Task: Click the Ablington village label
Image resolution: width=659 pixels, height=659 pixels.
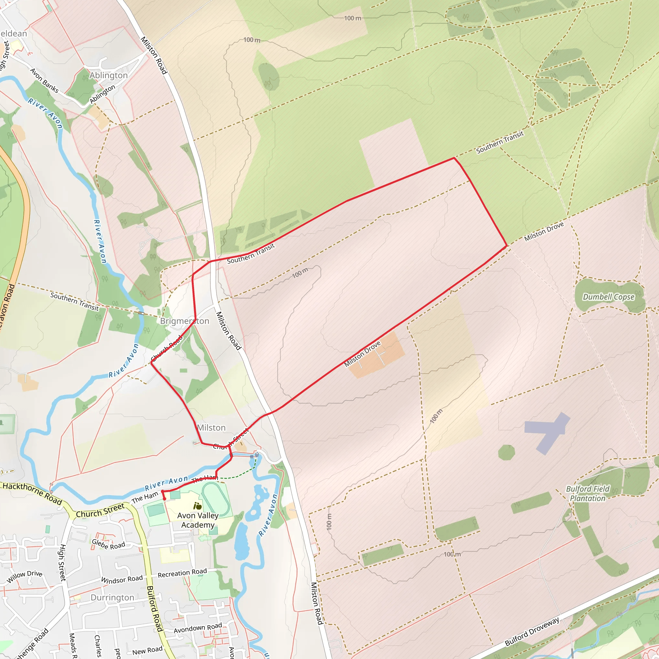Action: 108,75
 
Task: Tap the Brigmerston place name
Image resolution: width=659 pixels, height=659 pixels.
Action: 184,321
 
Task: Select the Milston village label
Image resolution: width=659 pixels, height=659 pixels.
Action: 211,428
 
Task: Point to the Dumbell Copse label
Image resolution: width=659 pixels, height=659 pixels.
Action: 608,297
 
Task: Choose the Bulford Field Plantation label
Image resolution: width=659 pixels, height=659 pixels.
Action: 587,494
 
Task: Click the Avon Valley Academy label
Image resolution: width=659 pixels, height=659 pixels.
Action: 198,520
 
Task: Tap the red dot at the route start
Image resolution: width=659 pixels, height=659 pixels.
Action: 164,499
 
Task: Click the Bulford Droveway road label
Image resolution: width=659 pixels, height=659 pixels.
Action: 532,631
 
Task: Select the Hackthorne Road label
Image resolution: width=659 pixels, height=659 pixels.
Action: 32,493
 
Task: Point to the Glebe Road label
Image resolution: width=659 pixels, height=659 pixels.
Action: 108,544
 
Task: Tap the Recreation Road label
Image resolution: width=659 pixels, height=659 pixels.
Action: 182,573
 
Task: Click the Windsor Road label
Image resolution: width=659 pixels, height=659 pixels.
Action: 122,579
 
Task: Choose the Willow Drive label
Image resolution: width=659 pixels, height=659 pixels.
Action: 24,576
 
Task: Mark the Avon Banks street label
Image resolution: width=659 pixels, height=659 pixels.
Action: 44,80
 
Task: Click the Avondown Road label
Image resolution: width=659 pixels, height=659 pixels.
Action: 198,628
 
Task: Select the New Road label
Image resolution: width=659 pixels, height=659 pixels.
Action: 147,651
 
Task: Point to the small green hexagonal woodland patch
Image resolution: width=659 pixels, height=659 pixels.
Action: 506,452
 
